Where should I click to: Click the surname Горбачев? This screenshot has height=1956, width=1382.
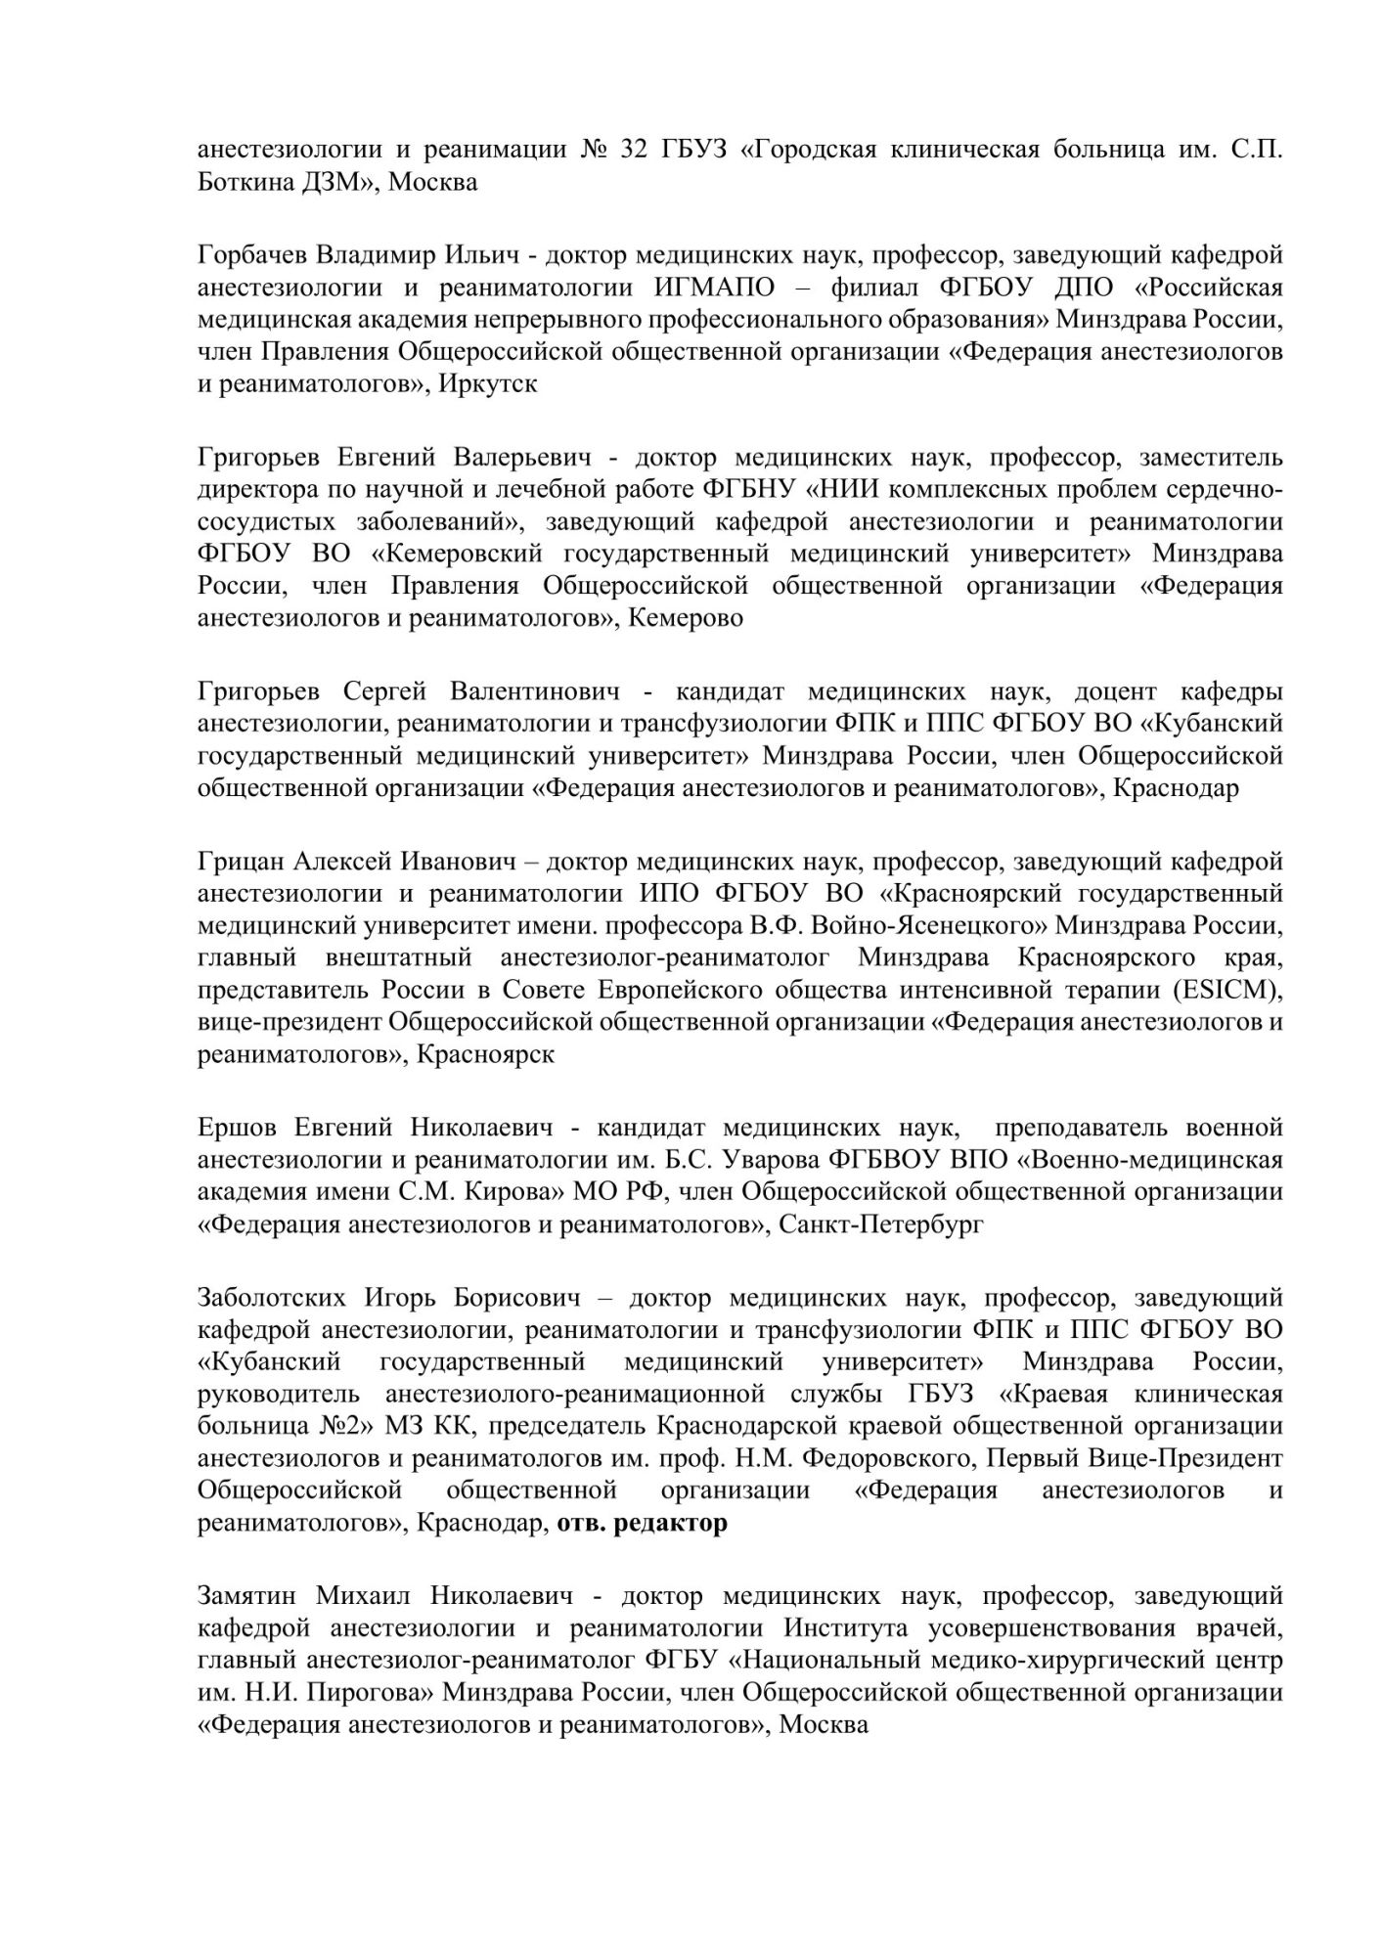pyautogui.click(x=252, y=256)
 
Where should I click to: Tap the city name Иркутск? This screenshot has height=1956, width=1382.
pyautogui.click(x=488, y=384)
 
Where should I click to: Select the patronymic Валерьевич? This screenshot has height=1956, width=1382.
pyautogui.click(x=522, y=459)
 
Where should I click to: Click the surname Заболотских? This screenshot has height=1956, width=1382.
pyautogui.click(x=272, y=1299)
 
